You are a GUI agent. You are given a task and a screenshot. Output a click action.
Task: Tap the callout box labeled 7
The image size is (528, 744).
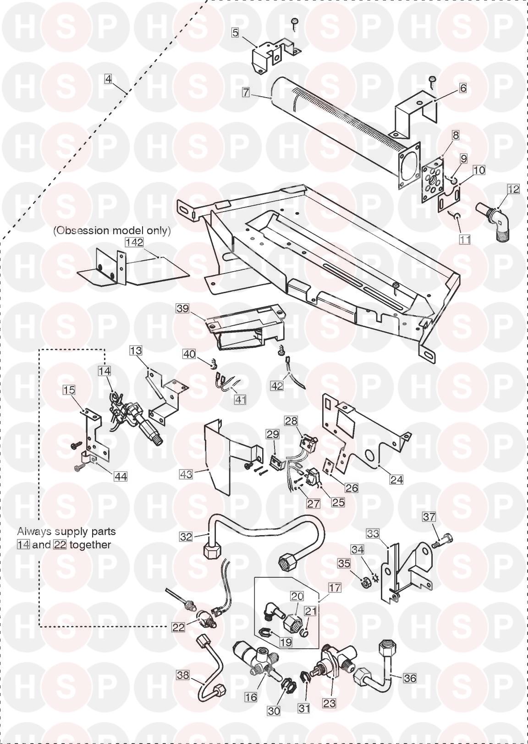pos(246,92)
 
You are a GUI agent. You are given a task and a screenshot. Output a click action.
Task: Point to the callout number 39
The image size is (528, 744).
pos(182,308)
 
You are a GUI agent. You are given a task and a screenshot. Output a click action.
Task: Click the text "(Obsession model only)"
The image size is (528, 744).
pos(112,230)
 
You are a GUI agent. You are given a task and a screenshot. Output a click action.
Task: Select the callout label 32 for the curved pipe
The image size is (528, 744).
pos(186,536)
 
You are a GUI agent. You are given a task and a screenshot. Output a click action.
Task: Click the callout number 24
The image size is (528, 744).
pos(396,479)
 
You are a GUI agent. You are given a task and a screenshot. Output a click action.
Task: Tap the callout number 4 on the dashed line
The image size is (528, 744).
pos(108,79)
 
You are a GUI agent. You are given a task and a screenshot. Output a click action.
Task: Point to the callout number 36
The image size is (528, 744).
pos(410,677)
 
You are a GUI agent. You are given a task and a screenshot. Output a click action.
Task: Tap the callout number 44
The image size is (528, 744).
pos(121,476)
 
